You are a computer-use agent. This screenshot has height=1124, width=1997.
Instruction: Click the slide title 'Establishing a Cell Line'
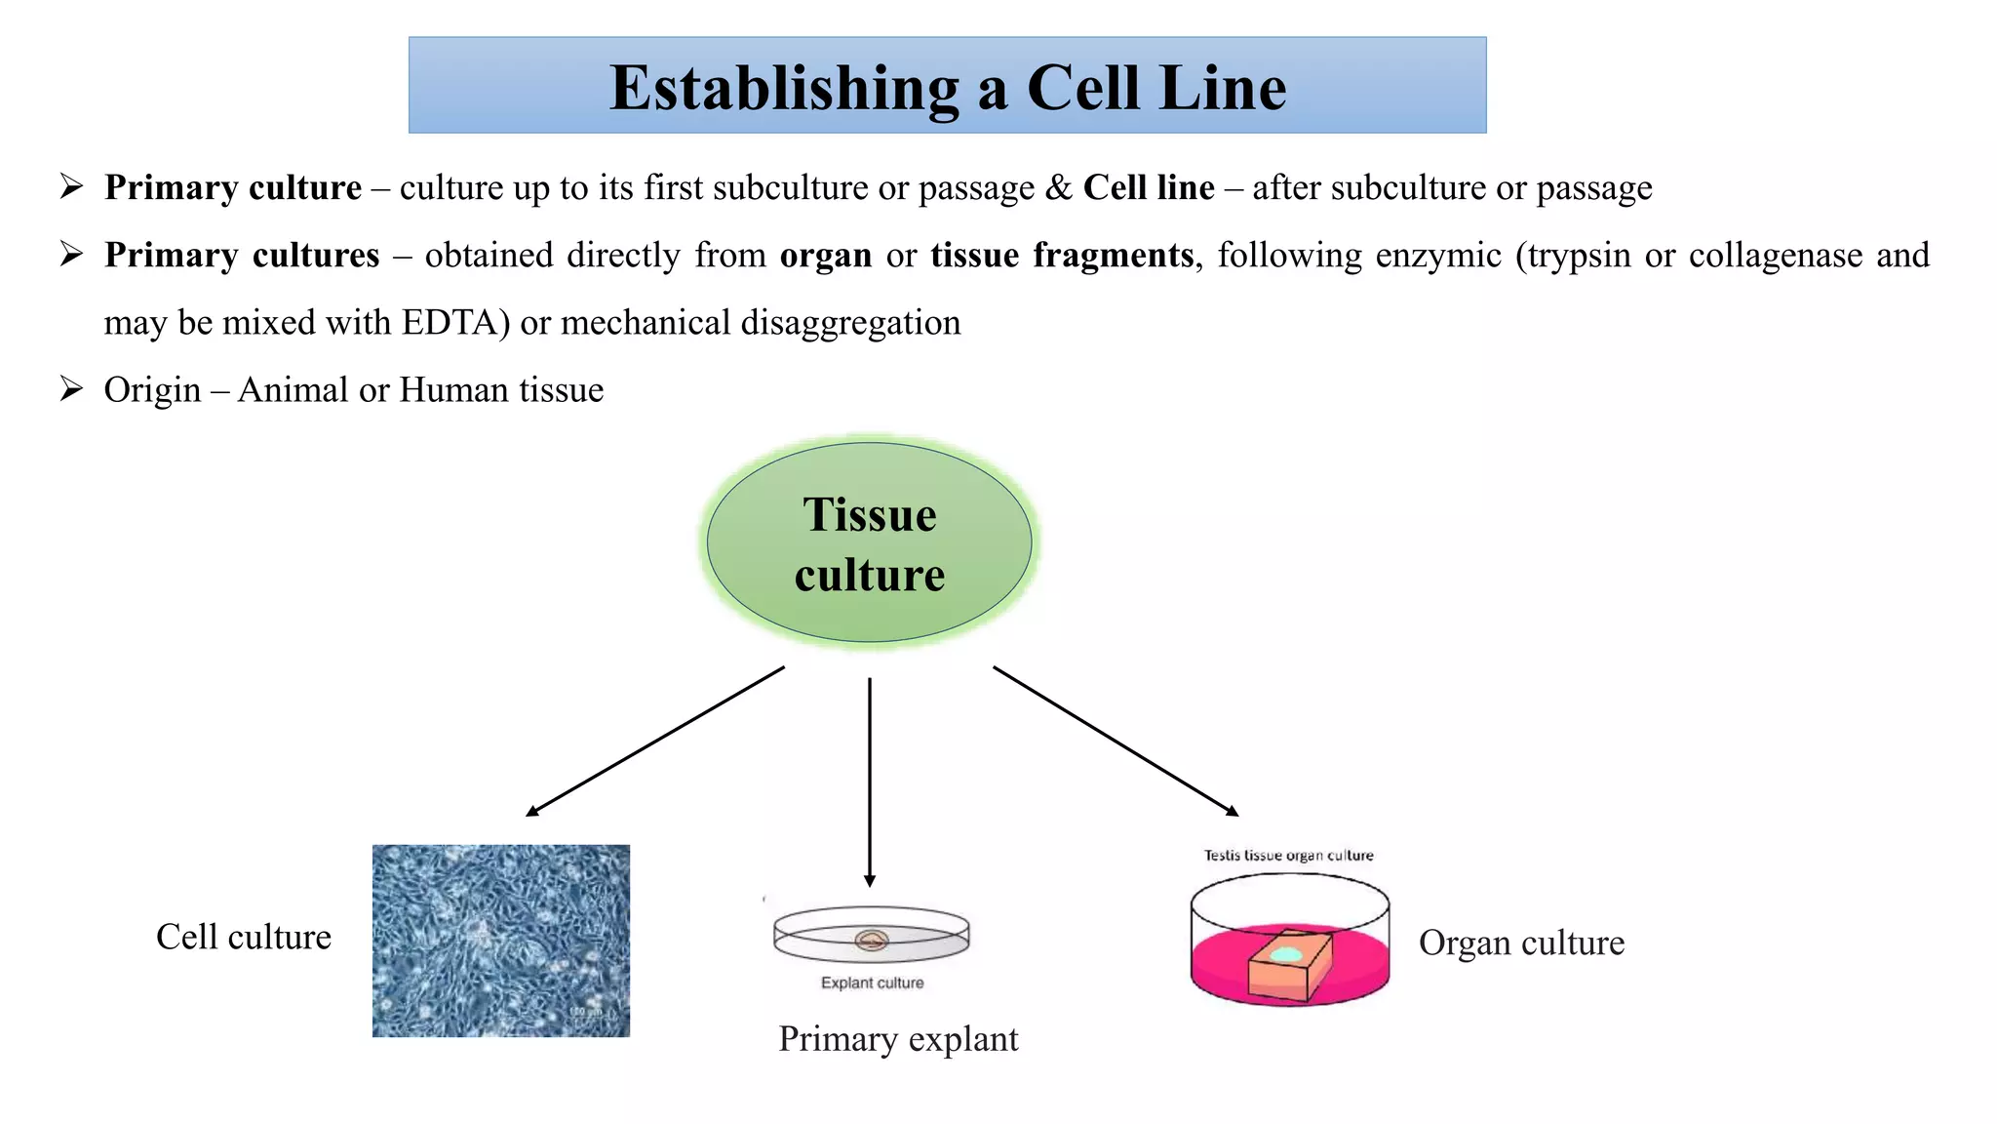tap(947, 88)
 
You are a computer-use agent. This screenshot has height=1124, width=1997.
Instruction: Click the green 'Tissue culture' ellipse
tap(869, 543)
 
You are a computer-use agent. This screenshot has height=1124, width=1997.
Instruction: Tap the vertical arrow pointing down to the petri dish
tap(869, 781)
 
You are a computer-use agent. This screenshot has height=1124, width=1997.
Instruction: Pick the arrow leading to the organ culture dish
tap(1116, 741)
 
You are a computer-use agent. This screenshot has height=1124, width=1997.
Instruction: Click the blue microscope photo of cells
tap(500, 941)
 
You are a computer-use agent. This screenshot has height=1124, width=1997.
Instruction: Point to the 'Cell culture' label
tap(244, 938)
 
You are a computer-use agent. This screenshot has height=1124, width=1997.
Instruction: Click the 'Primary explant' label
tap(898, 1039)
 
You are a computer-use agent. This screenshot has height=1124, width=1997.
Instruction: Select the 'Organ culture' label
tap(1521, 943)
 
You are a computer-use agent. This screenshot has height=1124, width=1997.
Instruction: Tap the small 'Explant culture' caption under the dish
tap(872, 983)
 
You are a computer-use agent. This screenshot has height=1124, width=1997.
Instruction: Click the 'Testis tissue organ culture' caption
tap(1288, 856)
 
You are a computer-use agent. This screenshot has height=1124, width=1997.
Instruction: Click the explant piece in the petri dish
tap(871, 941)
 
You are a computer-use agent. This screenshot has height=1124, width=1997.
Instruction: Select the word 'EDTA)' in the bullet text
tap(455, 323)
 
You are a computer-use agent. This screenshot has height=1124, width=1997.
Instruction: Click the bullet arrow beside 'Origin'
tap(71, 389)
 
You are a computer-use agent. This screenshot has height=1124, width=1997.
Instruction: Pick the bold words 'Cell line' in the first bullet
tap(1149, 187)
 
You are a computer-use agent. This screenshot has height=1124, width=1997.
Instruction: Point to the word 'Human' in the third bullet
tap(453, 390)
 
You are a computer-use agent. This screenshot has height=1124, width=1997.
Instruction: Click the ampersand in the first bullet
tap(1058, 187)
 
